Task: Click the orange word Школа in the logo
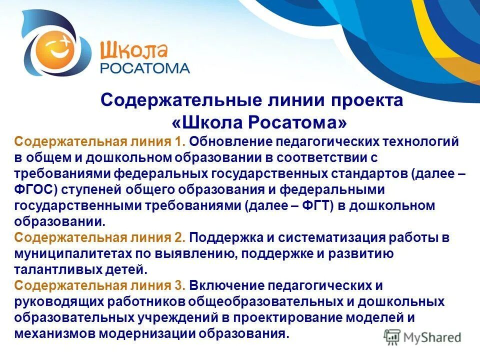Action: pos(134,50)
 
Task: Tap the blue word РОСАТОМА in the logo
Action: pos(145,68)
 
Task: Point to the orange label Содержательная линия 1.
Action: pos(100,141)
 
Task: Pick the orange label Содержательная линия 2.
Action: pos(100,238)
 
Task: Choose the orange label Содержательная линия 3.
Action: pos(100,286)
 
